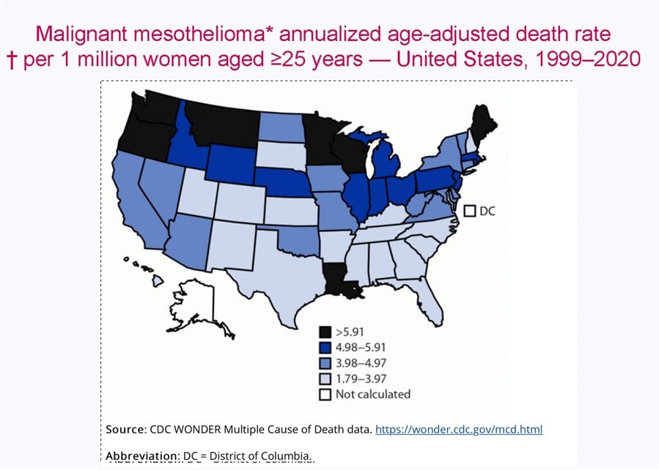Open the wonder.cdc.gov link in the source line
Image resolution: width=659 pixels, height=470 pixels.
click(x=459, y=429)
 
